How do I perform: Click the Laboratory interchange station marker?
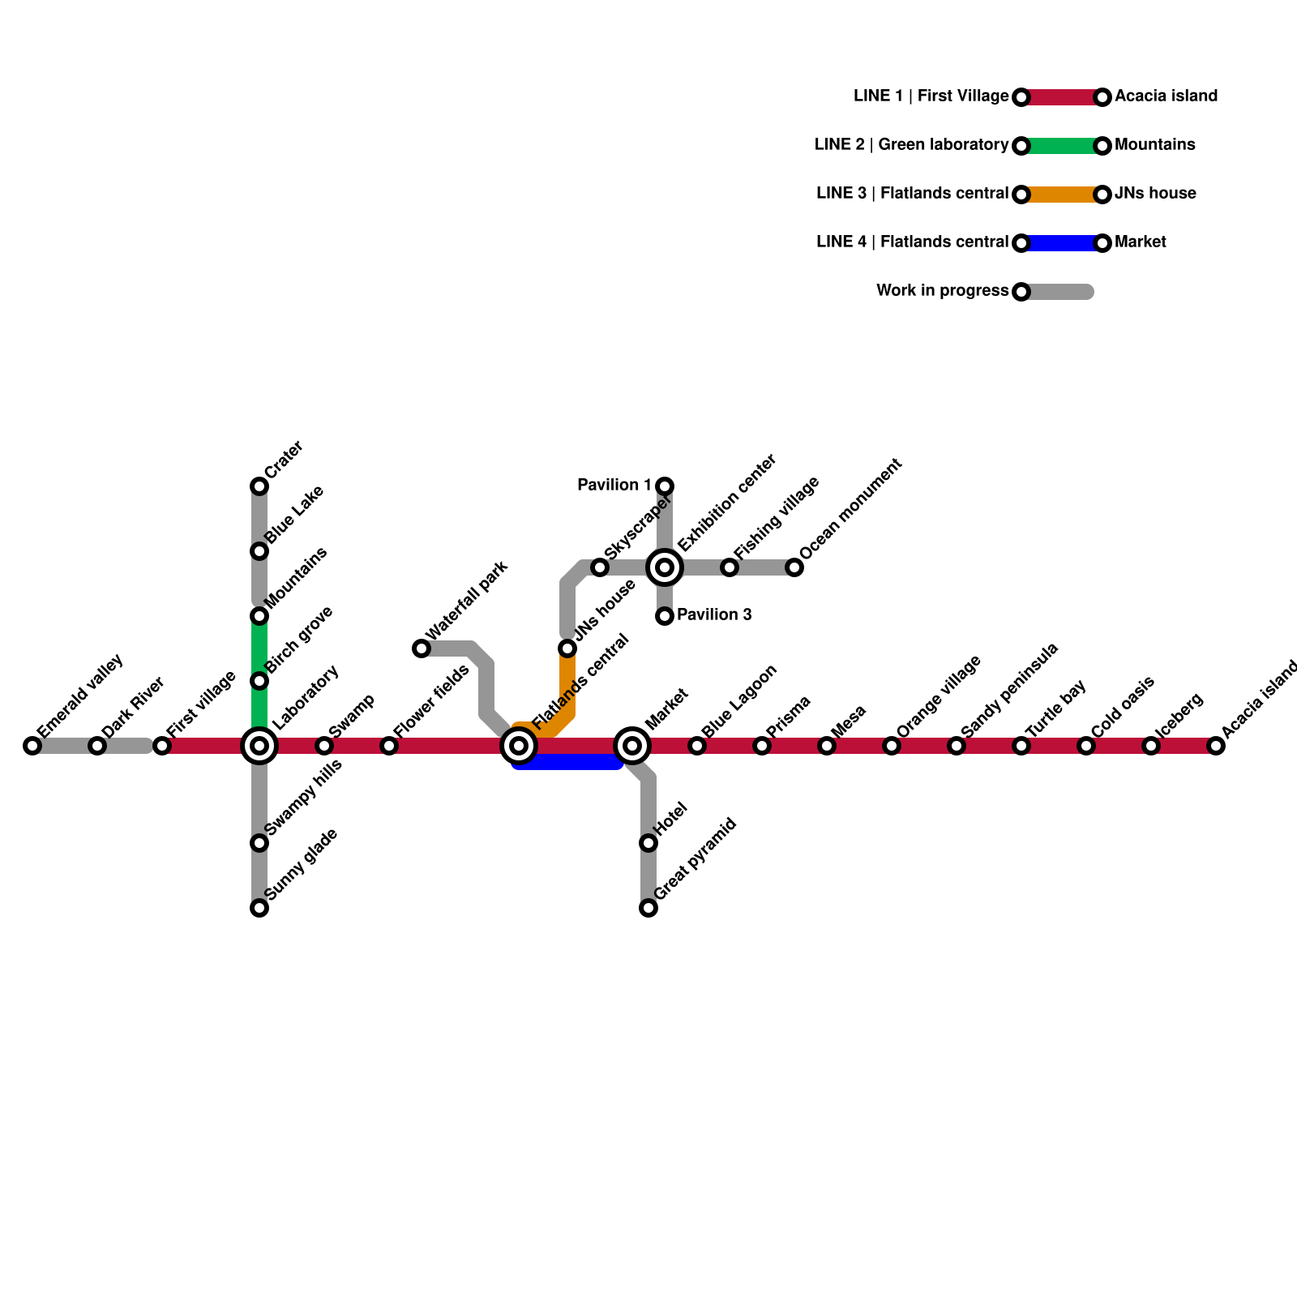pyautogui.click(x=259, y=746)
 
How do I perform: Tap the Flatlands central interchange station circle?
pyautogui.click(x=519, y=746)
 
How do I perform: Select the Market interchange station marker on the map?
pyautogui.click(x=632, y=746)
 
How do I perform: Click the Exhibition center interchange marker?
pyautogui.click(x=665, y=567)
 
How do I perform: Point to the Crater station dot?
pyautogui.click(x=259, y=486)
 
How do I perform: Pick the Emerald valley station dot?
pyautogui.click(x=32, y=746)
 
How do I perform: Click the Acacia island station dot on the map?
pyautogui.click(x=1216, y=746)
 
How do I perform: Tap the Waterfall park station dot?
pyautogui.click(x=422, y=648)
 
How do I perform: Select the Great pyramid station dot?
pyautogui.click(x=648, y=908)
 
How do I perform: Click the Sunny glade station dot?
pyautogui.click(x=259, y=908)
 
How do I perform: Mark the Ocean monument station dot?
pyautogui.click(x=794, y=567)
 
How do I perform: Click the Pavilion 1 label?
pyautogui.click(x=614, y=486)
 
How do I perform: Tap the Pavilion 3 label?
pyautogui.click(x=714, y=615)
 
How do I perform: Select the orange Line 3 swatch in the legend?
pyautogui.click(x=1062, y=195)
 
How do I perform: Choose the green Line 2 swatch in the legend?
pyautogui.click(x=1062, y=146)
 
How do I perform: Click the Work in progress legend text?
pyautogui.click(x=942, y=291)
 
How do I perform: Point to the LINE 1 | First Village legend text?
pyautogui.click(x=931, y=96)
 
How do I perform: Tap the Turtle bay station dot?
pyautogui.click(x=1021, y=746)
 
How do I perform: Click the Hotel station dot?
pyautogui.click(x=648, y=843)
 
